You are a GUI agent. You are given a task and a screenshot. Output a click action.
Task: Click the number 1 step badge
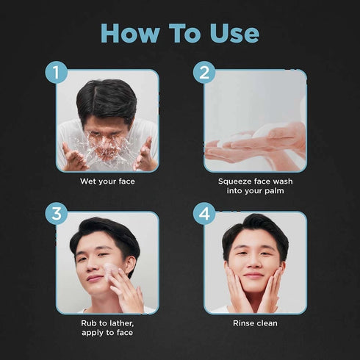57,73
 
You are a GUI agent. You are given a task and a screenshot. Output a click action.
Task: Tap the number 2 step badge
204,73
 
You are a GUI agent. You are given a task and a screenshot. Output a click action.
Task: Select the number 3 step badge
57,215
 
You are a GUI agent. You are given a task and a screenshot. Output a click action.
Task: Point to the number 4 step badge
204,215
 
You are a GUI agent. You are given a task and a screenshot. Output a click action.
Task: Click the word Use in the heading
231,33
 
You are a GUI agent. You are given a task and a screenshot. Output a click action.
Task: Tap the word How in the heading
128,33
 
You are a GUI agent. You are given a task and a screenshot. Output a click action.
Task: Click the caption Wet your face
107,181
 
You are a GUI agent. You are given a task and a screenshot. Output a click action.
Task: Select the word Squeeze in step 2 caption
235,181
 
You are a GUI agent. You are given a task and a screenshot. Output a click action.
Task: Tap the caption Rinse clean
254,323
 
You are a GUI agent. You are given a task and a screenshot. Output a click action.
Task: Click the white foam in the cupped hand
242,140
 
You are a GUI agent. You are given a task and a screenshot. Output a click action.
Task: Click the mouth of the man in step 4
253,276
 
